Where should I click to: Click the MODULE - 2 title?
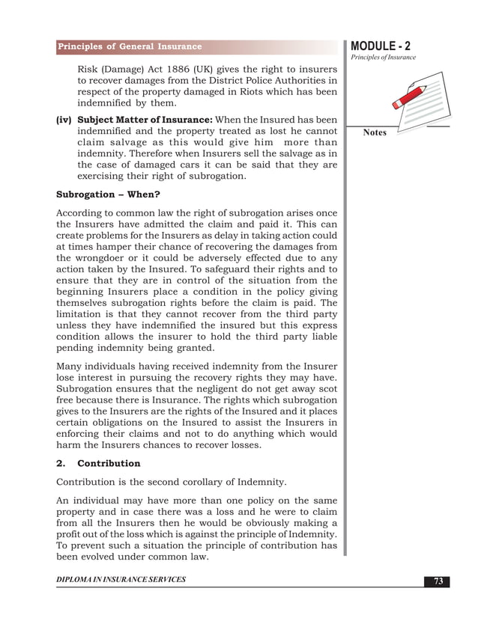(x=380, y=46)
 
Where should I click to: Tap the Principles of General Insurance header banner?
(x=131, y=46)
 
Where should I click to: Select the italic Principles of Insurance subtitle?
(x=381, y=58)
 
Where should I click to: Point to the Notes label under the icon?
(x=375, y=133)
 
